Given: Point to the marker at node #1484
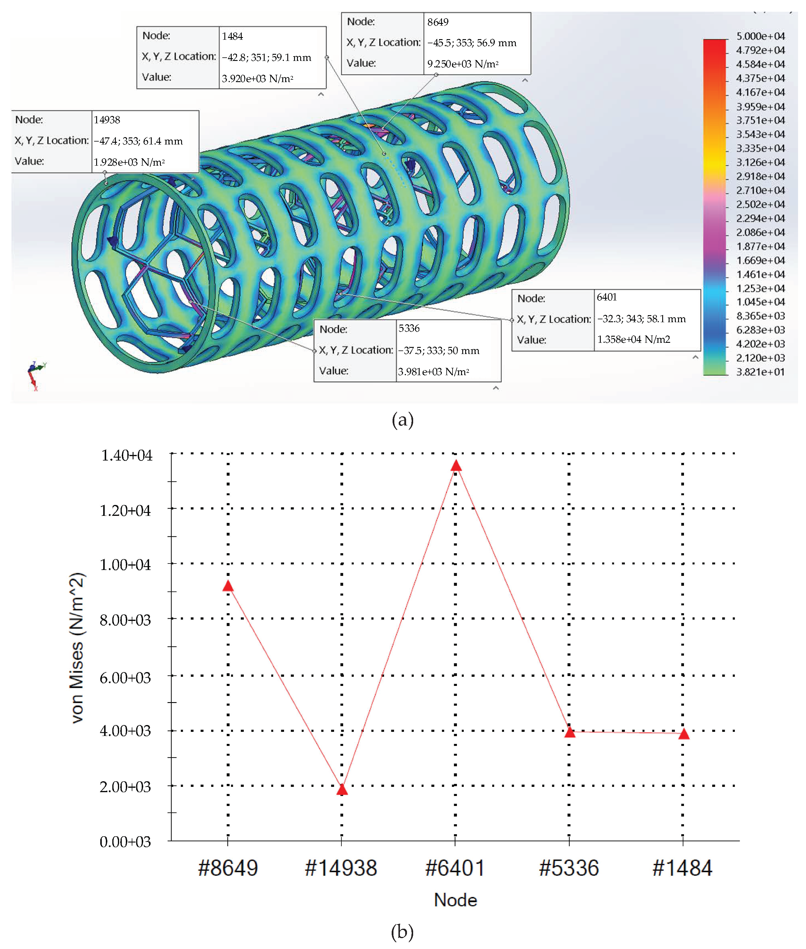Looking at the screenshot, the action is pos(684,734).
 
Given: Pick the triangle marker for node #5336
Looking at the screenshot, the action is pos(570,732).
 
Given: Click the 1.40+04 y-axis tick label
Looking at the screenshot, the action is pos(126,455).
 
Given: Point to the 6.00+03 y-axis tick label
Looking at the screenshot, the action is pos(125,677).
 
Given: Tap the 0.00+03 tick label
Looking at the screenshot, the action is pos(125,842).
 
